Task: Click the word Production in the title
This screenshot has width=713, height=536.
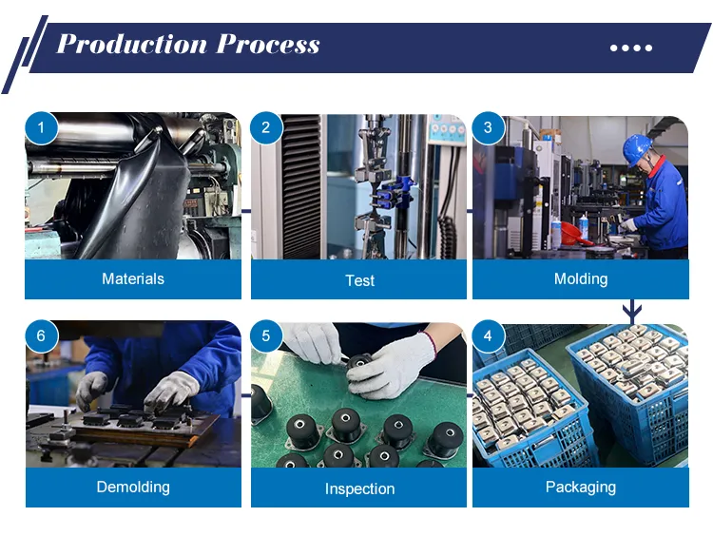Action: click(132, 45)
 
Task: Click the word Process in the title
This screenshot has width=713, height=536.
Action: click(268, 45)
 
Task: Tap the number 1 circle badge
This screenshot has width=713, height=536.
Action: click(42, 127)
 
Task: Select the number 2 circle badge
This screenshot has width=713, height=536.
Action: click(266, 127)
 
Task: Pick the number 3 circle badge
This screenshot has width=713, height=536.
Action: click(488, 127)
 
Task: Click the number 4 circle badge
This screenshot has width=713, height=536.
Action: click(488, 336)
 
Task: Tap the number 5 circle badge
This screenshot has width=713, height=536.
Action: click(266, 336)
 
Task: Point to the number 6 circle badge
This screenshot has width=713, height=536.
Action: click(42, 336)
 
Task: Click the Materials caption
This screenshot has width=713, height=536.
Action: click(133, 278)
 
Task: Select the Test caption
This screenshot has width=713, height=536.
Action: click(359, 280)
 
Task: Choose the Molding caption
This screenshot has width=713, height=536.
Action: click(581, 278)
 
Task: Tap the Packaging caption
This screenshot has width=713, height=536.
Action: click(581, 487)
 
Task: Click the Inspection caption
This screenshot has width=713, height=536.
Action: click(359, 488)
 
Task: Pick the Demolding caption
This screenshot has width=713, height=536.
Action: click(133, 487)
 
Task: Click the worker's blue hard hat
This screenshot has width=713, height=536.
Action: click(637, 148)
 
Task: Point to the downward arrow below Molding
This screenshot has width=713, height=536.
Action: click(632, 312)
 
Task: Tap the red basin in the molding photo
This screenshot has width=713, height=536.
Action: click(574, 232)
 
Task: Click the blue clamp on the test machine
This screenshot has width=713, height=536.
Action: click(395, 193)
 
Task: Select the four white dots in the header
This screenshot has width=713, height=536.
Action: click(631, 48)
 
